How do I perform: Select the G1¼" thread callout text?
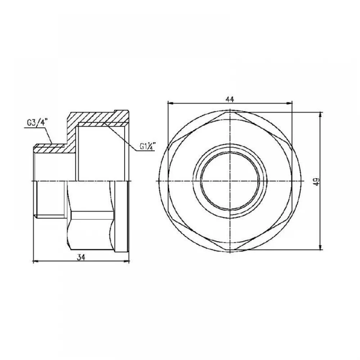coord(148,146)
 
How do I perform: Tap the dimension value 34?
coord(81,257)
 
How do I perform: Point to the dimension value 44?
coord(230,99)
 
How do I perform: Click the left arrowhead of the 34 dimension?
coord(36,261)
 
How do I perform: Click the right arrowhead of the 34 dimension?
coord(127,261)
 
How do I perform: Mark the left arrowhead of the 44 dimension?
coord(171,103)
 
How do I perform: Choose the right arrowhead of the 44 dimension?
coord(289,103)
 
